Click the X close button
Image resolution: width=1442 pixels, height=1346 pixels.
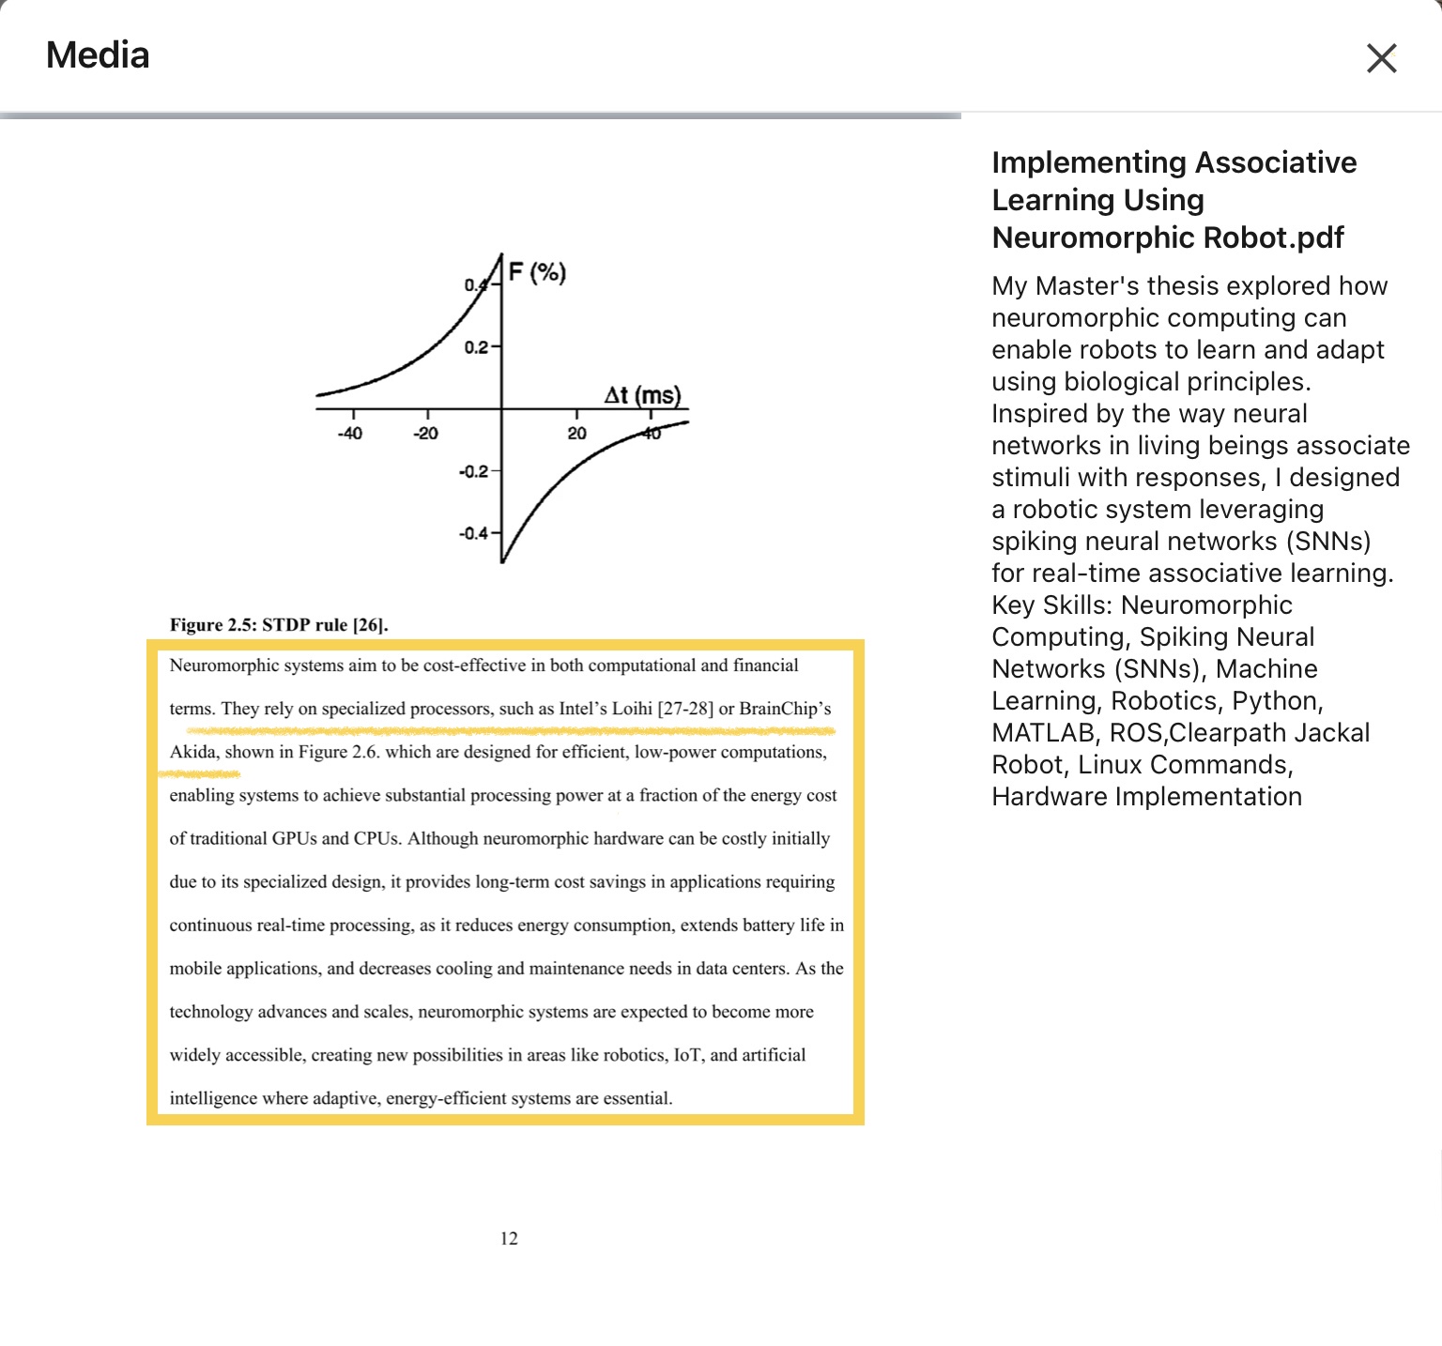(1382, 58)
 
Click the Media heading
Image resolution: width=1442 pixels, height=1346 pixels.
(98, 55)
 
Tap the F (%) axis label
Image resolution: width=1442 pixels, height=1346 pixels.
(537, 273)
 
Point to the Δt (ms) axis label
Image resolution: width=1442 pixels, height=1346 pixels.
(642, 395)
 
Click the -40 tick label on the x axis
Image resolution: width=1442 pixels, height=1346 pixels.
(349, 434)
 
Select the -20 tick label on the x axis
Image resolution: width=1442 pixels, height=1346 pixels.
(425, 434)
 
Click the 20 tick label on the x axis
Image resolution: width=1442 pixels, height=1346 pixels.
(576, 434)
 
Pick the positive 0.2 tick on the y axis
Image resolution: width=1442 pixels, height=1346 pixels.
(477, 347)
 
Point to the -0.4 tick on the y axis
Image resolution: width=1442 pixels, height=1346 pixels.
(474, 533)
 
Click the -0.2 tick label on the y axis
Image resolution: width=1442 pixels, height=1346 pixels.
(474, 471)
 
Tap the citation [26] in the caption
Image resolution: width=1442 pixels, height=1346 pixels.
(369, 625)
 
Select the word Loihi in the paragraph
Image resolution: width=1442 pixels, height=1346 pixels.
(632, 709)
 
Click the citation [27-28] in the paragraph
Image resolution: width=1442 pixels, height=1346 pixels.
(685, 709)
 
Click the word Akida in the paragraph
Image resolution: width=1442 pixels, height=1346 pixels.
(192, 752)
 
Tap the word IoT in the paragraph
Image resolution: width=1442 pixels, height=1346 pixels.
(687, 1055)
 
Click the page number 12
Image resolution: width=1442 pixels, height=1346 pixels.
(509, 1239)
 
